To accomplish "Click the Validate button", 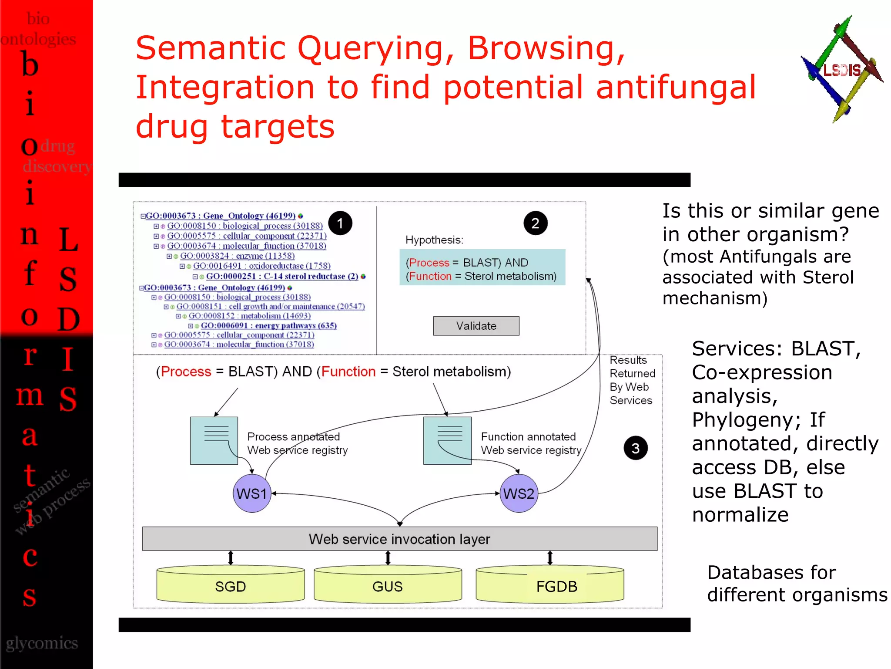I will point(476,326).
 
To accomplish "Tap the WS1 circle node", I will point(252,493).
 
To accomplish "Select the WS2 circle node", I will point(519,493).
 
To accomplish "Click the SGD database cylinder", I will point(230,586).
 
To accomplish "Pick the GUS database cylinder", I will point(387,586).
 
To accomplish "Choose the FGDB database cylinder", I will point(550,586).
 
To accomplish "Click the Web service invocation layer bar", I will point(399,539).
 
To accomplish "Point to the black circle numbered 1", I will point(340,223).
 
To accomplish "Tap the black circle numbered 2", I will point(535,223).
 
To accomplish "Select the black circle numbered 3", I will point(635,448).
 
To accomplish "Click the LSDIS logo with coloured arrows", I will point(841,70).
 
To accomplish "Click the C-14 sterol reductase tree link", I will point(282,277).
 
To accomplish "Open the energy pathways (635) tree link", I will point(268,326).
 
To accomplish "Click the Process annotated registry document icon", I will point(214,440).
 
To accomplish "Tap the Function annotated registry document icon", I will point(447,440).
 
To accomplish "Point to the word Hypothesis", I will point(434,240).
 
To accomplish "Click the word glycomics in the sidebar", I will point(42,643).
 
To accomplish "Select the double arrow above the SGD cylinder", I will point(231,558).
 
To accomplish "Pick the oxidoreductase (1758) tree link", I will point(261,266).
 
